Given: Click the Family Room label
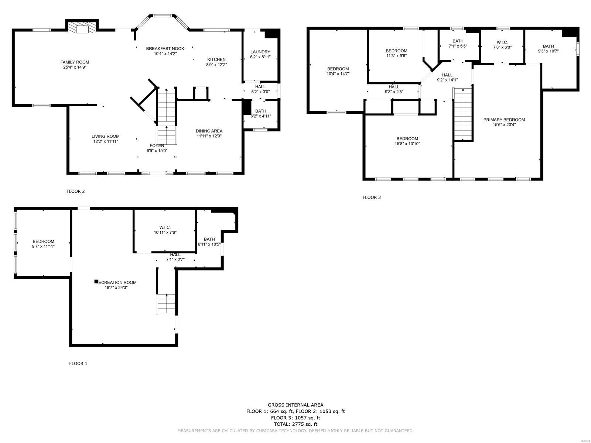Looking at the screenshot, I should [75, 62].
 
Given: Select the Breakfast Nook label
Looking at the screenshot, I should [165, 48].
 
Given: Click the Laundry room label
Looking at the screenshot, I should [260, 52].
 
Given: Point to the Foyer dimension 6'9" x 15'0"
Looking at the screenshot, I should [157, 151].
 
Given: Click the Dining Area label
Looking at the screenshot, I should [209, 131].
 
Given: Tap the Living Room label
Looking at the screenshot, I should [106, 136].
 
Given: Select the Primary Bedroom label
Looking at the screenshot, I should [504, 120].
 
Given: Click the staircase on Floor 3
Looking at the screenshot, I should [463, 114].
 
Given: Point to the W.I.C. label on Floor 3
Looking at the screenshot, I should [502, 42].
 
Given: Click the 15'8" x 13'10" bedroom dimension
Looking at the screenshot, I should [407, 144].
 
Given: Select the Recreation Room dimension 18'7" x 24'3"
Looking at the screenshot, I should [116, 288].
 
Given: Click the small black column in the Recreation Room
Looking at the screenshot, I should [96, 282].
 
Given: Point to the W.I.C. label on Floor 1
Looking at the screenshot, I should [165, 227].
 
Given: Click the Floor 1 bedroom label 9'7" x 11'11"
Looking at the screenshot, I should [43, 241].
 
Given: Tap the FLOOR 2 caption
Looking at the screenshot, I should [75, 191].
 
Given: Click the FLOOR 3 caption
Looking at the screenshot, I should [371, 197].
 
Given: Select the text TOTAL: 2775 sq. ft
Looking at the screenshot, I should [295, 424].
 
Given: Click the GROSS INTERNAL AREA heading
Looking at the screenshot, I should [295, 405].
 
